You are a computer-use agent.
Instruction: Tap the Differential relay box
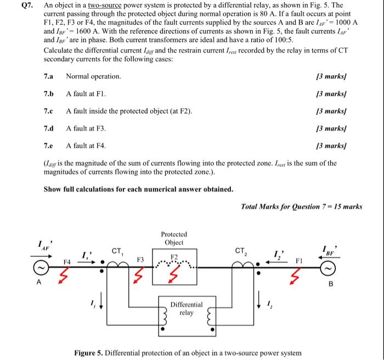186,308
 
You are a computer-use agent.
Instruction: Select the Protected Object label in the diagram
175,238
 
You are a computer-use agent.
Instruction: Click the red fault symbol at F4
62,269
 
